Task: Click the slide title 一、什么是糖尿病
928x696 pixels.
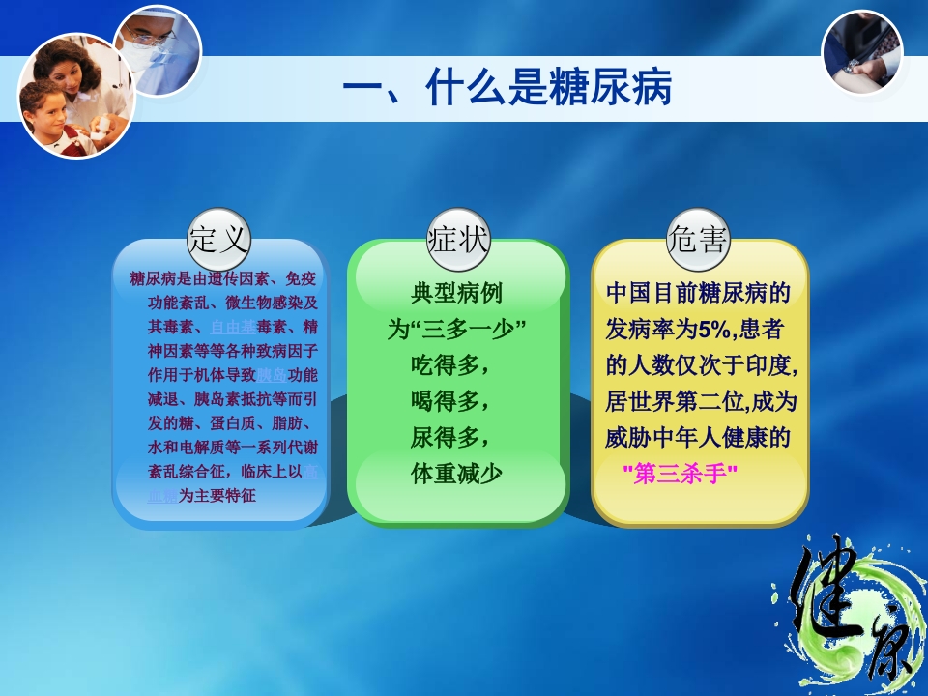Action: [x=507, y=90]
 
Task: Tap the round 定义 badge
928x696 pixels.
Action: [x=219, y=239]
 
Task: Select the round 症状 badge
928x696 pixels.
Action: [x=458, y=239]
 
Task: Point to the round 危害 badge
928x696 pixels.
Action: [x=698, y=239]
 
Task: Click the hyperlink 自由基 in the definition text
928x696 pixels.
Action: [x=233, y=327]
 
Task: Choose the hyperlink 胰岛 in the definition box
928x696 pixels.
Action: [x=271, y=375]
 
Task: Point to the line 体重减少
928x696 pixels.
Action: [x=457, y=474]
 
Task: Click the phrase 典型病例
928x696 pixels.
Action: [x=457, y=293]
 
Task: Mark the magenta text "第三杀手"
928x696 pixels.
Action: [x=681, y=474]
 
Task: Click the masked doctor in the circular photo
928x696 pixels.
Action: [x=157, y=43]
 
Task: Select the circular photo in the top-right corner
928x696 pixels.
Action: [x=861, y=51]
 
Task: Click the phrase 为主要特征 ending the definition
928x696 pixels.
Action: [x=217, y=496]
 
